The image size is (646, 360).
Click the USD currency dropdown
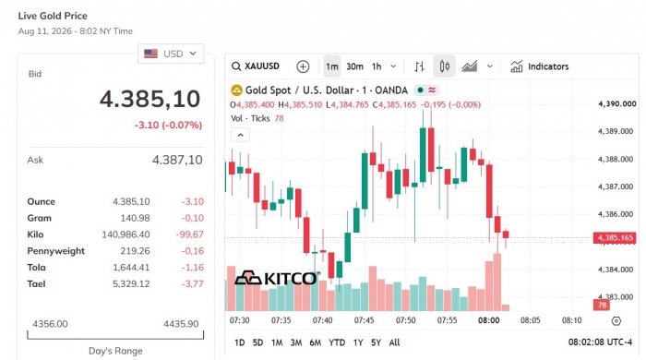tap(171, 54)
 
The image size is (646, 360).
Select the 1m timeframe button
tap(332, 66)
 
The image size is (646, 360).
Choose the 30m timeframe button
tap(354, 66)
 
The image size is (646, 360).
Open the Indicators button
tap(539, 66)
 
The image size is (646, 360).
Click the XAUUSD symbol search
tap(256, 66)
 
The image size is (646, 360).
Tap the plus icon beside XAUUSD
tap(303, 66)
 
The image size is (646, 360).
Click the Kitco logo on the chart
tap(277, 278)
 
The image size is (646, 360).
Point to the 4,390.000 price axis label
tap(616, 103)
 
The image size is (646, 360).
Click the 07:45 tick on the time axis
tap(365, 320)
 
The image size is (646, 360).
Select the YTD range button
tap(337, 342)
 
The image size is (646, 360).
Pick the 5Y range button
tap(376, 342)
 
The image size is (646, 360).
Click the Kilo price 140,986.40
tap(126, 234)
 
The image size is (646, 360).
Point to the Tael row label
tap(36, 283)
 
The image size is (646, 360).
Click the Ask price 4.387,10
tap(177, 160)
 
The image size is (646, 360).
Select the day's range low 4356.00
tap(50, 324)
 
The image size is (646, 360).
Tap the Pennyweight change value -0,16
tap(192, 251)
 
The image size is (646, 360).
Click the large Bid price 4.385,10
tap(150, 99)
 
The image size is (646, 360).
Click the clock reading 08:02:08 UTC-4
tap(600, 342)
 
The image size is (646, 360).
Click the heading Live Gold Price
tap(53, 16)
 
